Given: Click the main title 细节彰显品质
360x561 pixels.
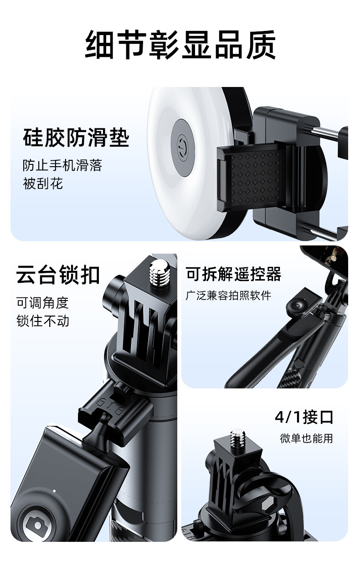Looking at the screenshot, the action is pos(180,45).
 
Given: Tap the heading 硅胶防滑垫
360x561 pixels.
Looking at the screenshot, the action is pos(76,138).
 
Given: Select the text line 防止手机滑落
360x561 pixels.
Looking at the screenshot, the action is pos(62,165).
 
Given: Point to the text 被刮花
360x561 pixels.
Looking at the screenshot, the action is pos(43,184).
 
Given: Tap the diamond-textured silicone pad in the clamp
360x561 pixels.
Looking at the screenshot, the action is pos(256,178).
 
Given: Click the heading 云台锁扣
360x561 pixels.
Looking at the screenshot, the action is pos(58,275).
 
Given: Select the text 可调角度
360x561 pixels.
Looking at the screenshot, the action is pos(43,303).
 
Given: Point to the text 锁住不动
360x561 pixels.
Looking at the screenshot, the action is pos(43,321).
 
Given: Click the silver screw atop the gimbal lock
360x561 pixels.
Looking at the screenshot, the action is pos(159,272).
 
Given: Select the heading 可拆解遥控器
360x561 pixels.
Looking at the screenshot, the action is pos(233,274).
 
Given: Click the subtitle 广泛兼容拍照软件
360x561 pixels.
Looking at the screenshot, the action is pos(228,296).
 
